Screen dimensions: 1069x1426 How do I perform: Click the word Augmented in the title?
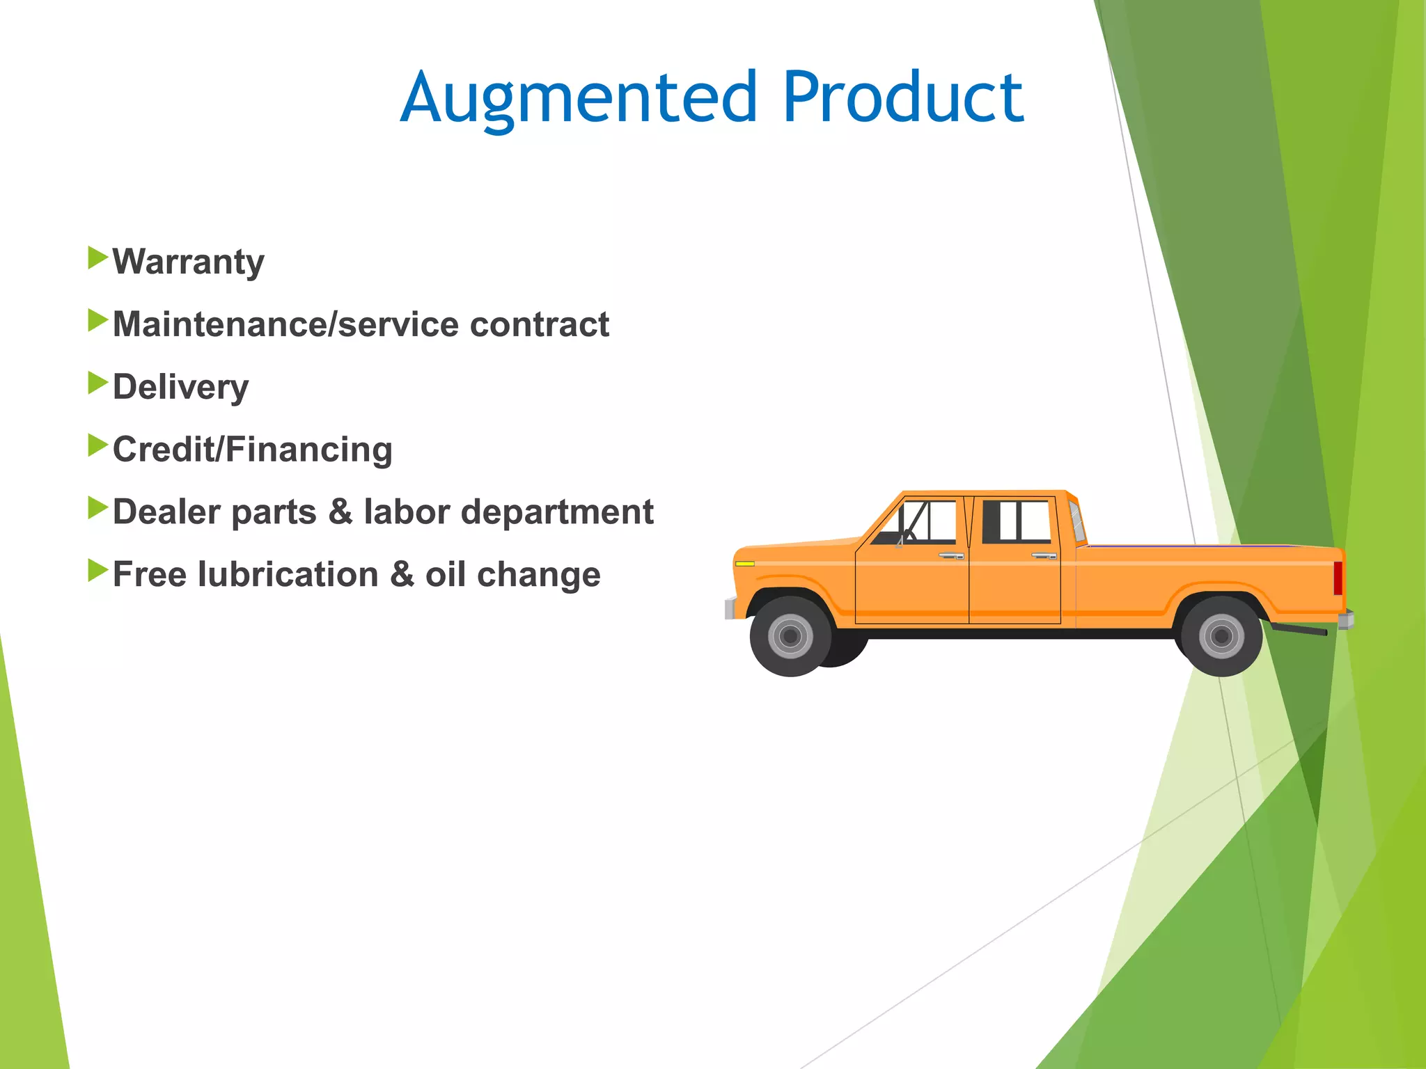[x=579, y=98]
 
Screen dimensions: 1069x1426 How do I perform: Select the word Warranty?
[x=189, y=262]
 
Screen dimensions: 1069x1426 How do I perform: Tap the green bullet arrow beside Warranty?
[x=98, y=258]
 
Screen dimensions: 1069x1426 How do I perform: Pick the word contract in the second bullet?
[x=540, y=325]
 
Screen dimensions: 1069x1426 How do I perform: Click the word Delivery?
[x=181, y=388]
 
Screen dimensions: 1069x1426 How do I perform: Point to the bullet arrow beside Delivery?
[x=98, y=383]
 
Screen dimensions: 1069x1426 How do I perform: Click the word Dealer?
[x=167, y=512]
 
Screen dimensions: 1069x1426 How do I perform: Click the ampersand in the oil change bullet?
[x=402, y=575]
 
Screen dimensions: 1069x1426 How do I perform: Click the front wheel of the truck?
[x=790, y=635]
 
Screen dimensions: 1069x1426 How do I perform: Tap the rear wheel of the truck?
[x=1221, y=635]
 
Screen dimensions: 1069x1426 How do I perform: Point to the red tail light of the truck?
[x=1338, y=578]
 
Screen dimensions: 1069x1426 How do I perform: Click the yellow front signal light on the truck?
[x=745, y=563]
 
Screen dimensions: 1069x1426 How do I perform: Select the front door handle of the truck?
[x=951, y=555]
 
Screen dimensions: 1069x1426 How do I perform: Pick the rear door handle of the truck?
[x=1044, y=555]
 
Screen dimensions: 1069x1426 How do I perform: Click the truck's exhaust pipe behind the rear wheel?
[x=1299, y=630]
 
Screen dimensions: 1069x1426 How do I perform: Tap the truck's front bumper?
[x=730, y=608]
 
